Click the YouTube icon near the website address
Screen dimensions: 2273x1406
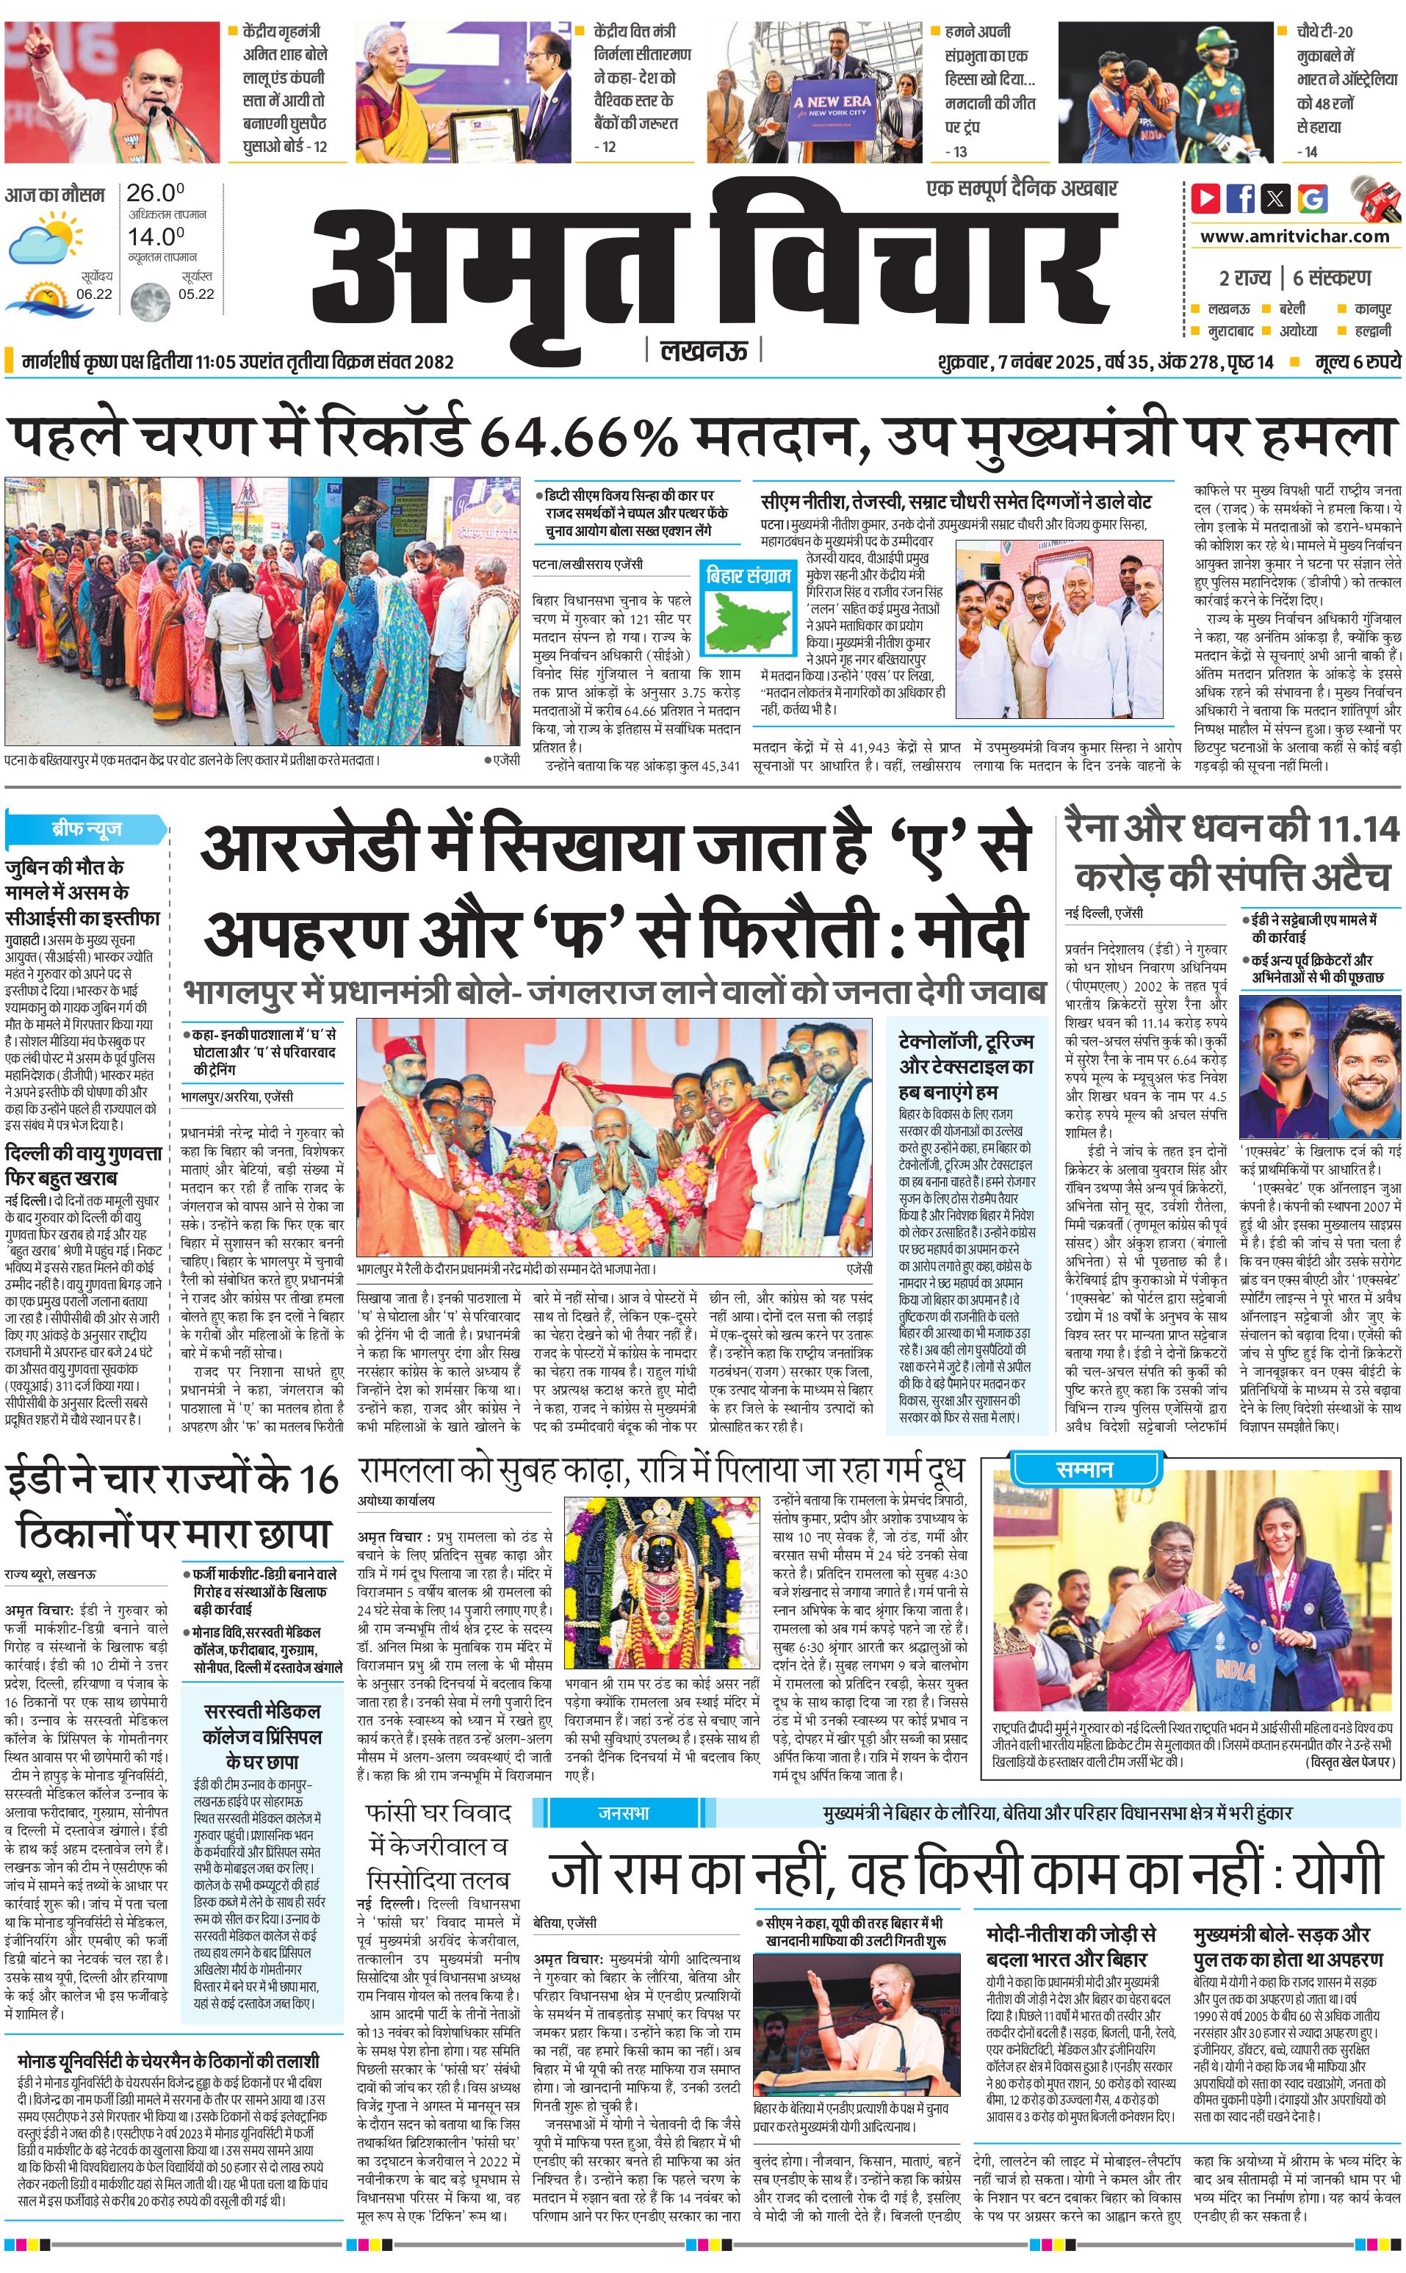(1206, 198)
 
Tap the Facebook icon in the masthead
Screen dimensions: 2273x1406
(1241, 198)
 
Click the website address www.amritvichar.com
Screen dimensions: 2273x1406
(1294, 236)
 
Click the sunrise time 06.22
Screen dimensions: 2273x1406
(94, 294)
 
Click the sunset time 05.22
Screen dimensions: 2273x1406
(196, 294)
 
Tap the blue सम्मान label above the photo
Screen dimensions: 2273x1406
(1084, 1469)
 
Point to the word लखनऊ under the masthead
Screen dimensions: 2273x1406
(703, 350)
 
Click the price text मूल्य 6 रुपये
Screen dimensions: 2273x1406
(1358, 361)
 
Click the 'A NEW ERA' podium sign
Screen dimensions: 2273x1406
(832, 106)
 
